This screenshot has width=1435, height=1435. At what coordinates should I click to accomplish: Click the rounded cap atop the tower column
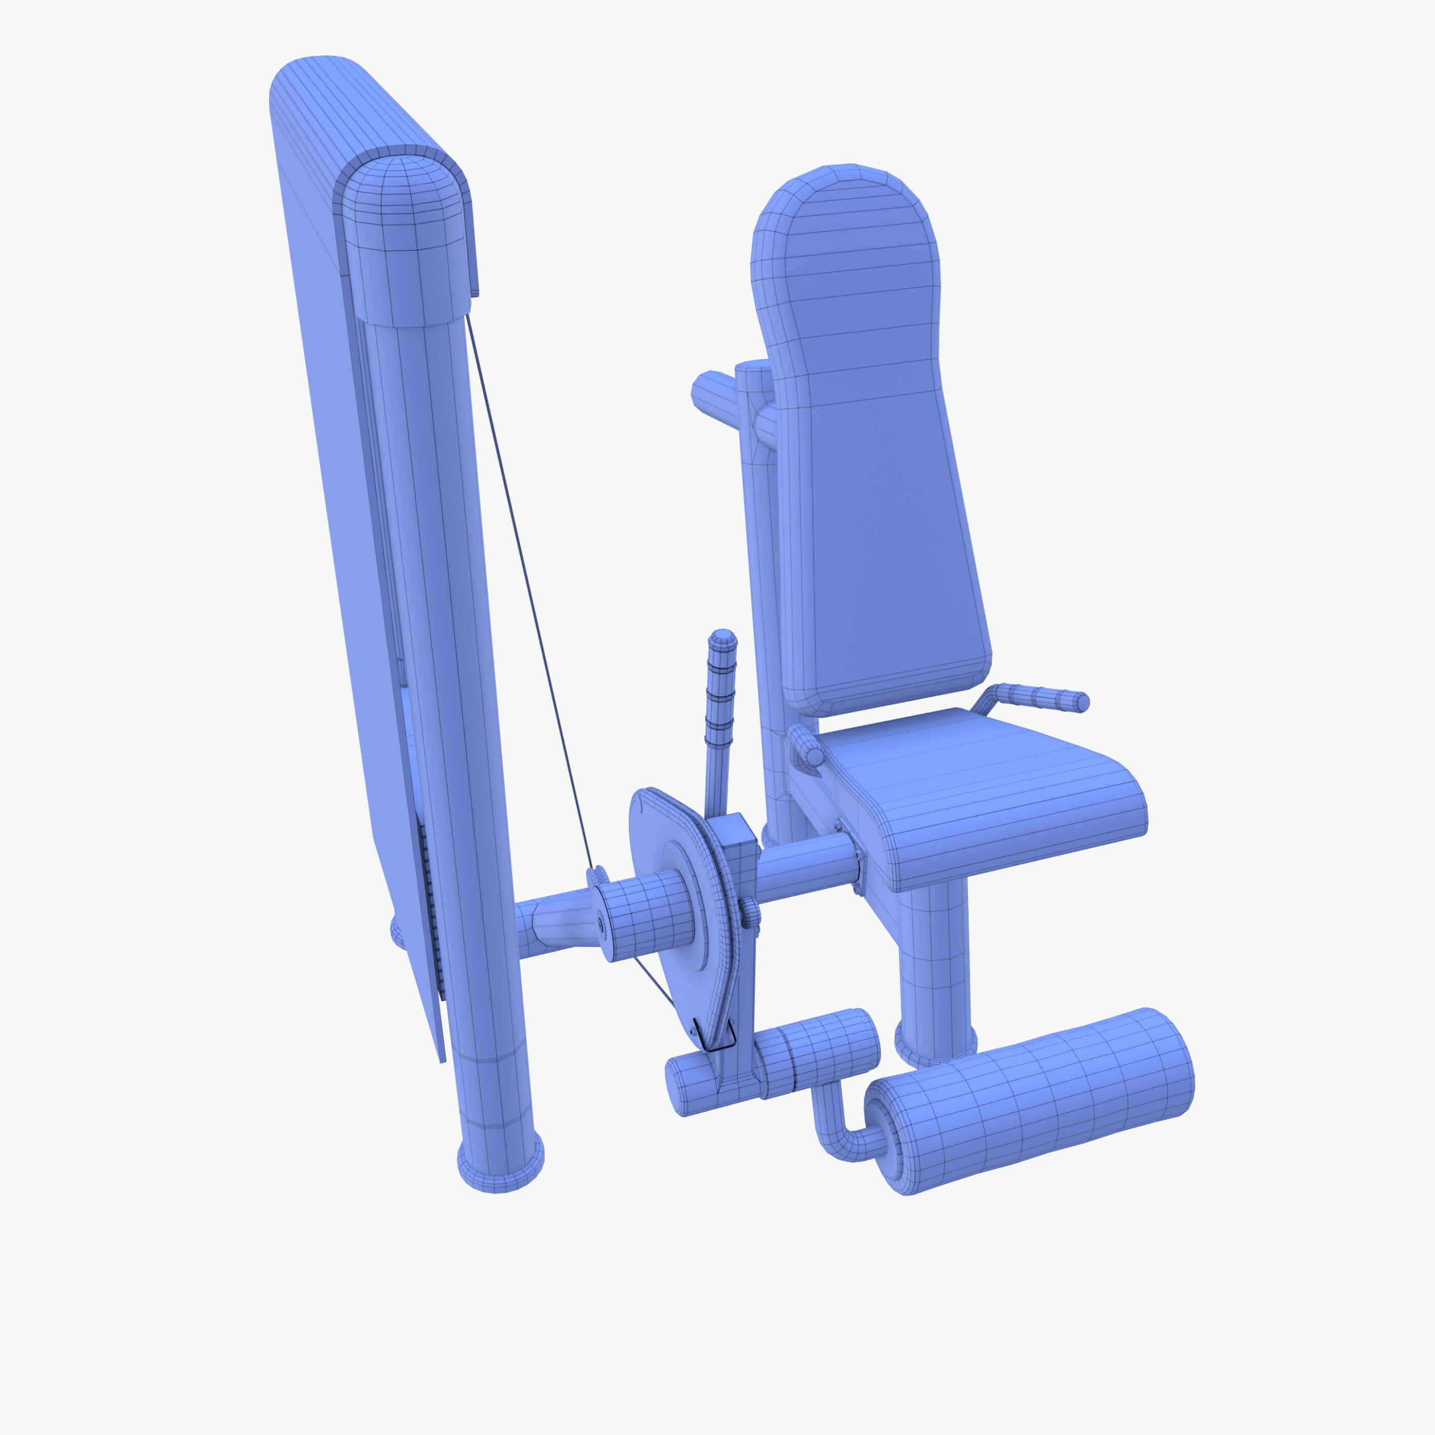point(401,238)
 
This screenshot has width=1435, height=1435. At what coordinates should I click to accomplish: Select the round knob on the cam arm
point(749,914)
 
